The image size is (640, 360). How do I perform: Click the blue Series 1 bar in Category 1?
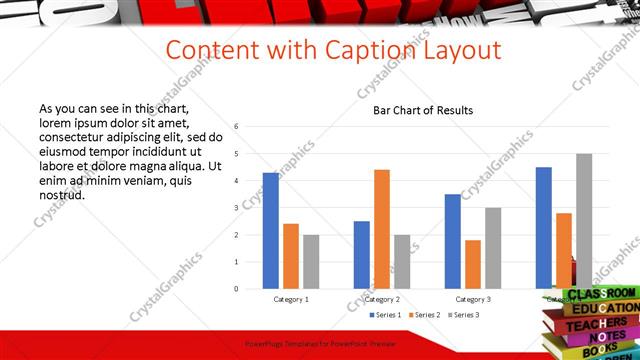[271, 231]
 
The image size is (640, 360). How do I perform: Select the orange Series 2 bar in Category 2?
[382, 229]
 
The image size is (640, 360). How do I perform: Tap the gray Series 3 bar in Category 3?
[493, 248]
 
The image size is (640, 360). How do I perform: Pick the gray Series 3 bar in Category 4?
[584, 221]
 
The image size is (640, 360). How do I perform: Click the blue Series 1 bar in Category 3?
[453, 241]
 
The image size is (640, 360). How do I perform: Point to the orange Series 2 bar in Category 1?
[291, 256]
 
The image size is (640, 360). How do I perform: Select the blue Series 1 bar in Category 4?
[544, 228]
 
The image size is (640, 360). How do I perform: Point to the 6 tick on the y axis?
[236, 127]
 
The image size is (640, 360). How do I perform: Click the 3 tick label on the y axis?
[236, 208]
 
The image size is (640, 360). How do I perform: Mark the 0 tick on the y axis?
[236, 289]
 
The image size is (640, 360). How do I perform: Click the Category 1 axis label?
[291, 299]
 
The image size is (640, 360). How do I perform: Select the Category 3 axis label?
[473, 299]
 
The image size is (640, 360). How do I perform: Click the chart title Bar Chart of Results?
[423, 110]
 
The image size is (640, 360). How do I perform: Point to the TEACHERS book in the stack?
[596, 325]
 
